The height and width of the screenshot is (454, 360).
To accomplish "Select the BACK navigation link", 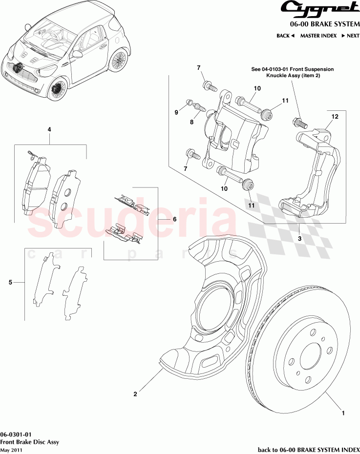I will [285, 36].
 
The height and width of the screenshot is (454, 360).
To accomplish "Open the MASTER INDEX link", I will [318, 36].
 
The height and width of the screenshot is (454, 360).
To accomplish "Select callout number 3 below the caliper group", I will [299, 239].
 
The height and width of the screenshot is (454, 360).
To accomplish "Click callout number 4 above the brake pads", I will [49, 129].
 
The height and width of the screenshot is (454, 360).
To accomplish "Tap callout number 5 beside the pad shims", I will [10, 282].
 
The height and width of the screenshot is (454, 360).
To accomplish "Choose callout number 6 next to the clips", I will [174, 219].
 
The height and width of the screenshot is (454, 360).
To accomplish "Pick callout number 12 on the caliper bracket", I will [335, 117].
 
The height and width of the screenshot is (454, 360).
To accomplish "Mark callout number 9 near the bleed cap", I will [176, 113].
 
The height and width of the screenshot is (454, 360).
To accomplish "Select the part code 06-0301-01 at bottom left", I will [17, 434].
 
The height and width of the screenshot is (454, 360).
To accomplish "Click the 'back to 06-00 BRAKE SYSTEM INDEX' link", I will [308, 449].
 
